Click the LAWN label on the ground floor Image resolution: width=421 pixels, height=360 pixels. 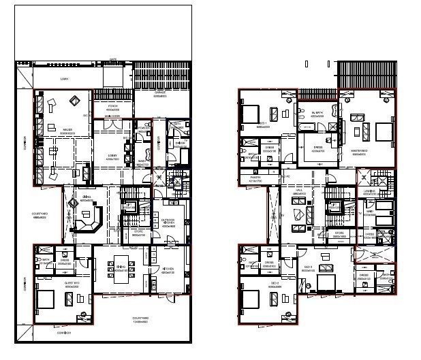pos(65,79)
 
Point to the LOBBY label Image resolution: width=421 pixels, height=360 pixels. pos(112,157)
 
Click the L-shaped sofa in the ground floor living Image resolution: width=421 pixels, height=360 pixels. pos(87,220)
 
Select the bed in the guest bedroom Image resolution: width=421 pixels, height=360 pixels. pos(48,299)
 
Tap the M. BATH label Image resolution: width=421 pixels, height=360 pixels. pos(317,114)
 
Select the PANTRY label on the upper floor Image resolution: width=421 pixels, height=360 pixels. pos(255,180)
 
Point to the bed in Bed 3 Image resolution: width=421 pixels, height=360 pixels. pos(326,282)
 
